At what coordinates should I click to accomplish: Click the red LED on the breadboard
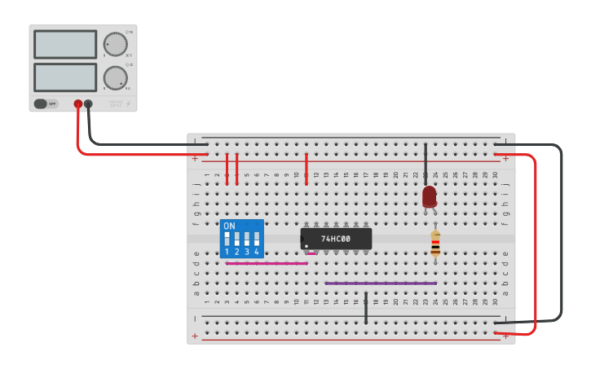(430, 196)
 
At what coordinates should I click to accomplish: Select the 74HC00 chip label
(336, 239)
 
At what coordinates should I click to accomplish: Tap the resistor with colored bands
(435, 244)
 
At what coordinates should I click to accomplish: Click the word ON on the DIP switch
(229, 226)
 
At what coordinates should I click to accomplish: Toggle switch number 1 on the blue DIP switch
(227, 239)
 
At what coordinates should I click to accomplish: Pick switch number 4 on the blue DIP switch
(256, 239)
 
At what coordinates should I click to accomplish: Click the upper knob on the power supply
(115, 44)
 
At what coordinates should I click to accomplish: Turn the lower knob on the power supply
(115, 78)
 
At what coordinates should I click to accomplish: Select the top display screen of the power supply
(65, 44)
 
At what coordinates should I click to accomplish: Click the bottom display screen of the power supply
(65, 77)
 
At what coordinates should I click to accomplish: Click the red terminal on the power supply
(78, 104)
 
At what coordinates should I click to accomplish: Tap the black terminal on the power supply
(88, 104)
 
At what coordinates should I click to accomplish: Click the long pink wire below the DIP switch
(266, 263)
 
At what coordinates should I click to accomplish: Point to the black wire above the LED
(426, 161)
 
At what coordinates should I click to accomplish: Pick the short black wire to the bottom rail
(366, 307)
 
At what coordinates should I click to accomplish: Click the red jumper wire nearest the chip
(306, 168)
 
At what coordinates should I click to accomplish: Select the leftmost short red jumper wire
(227, 168)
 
